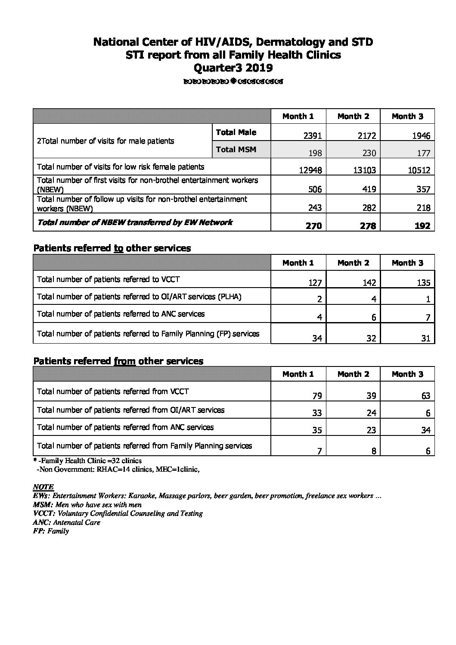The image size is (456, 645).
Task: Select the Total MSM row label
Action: point(236,150)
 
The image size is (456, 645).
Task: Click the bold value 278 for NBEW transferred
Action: point(367,225)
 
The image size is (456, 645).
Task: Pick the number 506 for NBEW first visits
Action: point(314,189)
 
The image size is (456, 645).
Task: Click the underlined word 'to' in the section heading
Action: point(118,248)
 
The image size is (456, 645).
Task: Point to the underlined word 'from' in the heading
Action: point(124,361)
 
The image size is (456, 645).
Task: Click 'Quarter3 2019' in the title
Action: point(233,68)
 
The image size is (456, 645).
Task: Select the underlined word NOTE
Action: point(43,487)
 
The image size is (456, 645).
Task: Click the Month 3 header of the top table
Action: point(407,116)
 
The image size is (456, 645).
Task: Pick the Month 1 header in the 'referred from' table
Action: point(298,374)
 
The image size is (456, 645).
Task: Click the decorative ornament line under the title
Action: point(233,81)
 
